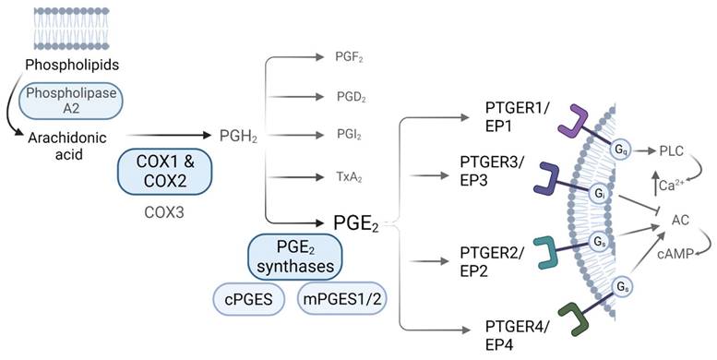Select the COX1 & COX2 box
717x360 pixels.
tap(166, 173)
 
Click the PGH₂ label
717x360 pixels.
tap(238, 137)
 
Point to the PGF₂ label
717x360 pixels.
tap(350, 56)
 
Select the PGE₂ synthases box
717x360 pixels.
tap(295, 256)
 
